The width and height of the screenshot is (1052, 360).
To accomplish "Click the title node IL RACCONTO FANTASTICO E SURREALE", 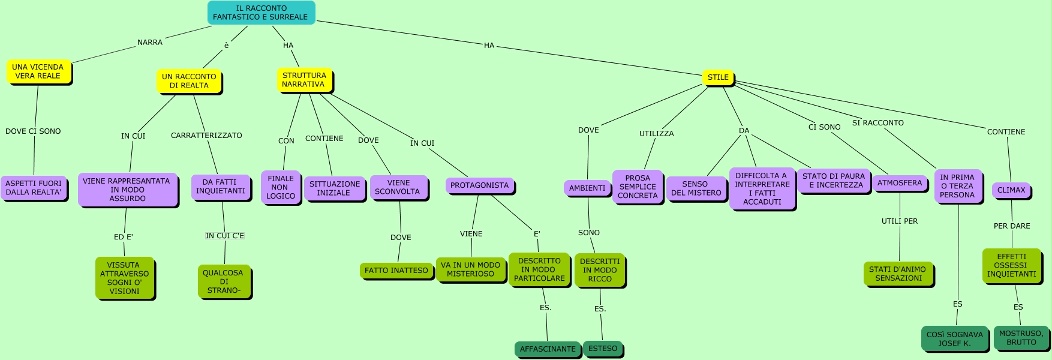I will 261,13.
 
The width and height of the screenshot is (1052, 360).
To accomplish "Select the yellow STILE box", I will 718,77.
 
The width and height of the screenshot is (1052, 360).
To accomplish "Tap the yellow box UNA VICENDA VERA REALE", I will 38,71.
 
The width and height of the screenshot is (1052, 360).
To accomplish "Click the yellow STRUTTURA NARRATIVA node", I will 304,80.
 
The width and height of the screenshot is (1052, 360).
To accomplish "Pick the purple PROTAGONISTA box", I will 479,185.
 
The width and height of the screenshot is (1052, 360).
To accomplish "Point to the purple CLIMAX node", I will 1011,190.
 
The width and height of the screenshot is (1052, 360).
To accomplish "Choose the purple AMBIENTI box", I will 587,188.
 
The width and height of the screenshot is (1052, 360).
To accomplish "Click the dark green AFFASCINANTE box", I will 548,349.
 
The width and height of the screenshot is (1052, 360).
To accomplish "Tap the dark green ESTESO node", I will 603,349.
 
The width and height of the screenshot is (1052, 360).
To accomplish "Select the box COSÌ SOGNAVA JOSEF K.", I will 954,339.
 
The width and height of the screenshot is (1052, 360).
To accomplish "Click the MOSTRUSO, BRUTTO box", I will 1021,338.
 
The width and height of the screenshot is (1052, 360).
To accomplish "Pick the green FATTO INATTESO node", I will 396,271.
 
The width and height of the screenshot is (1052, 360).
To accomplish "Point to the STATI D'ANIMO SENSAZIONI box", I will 898,274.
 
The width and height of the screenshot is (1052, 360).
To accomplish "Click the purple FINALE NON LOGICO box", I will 281,187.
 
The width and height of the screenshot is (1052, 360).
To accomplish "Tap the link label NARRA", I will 150,43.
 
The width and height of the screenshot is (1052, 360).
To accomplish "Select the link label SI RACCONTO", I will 877,123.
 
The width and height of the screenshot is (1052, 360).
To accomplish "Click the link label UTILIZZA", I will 656,134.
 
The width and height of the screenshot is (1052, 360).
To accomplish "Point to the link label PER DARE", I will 1012,226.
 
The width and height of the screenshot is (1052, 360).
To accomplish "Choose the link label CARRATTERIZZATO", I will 206,136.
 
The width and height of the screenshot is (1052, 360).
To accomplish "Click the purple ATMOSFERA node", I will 900,183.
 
